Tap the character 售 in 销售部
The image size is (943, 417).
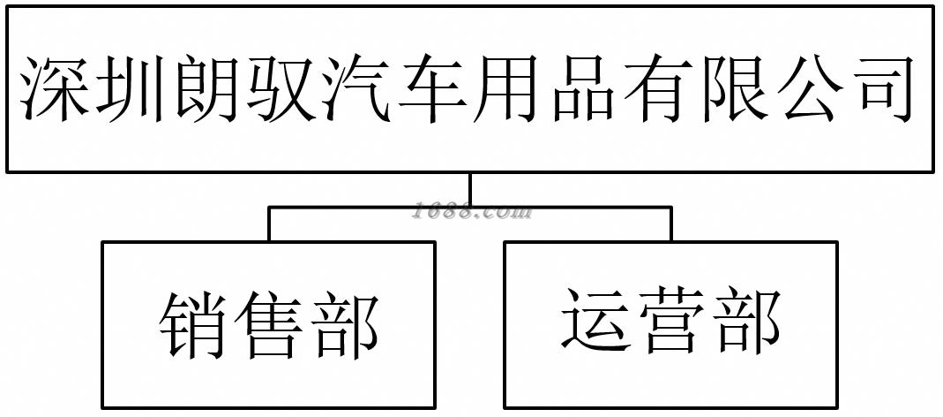(x=269, y=325)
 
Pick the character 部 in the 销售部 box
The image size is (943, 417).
(x=344, y=325)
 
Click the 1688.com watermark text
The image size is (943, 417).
(x=473, y=212)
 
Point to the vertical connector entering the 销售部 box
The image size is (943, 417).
(x=269, y=224)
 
